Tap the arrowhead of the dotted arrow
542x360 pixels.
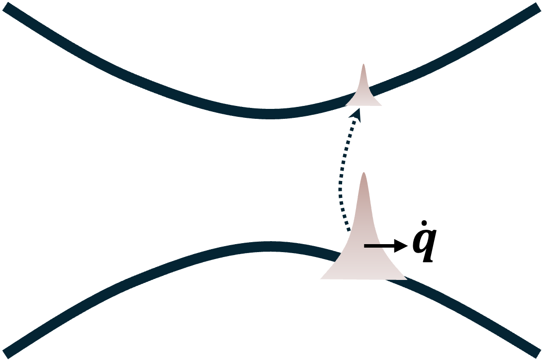356,113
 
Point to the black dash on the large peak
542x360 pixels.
373,246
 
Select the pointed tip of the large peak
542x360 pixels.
363,173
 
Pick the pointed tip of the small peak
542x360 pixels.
364,65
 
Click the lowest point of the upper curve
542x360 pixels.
269,113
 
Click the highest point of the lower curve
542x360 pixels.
269,247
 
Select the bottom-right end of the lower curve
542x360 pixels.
537,352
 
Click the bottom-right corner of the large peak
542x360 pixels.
407,279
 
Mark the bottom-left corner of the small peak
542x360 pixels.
346,105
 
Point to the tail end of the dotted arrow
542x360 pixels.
348,231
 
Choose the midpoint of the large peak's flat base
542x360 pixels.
363,279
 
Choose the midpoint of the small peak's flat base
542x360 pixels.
364,105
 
